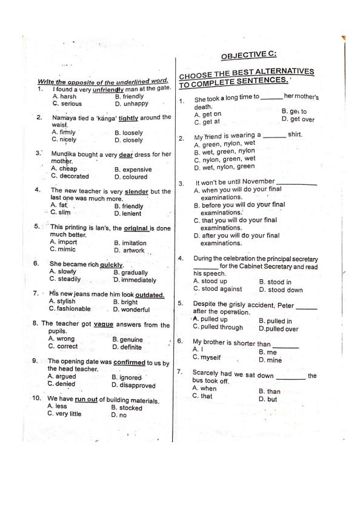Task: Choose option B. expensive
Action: point(133,170)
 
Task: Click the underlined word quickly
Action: point(112,265)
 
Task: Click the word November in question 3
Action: point(258,182)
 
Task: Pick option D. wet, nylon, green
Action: point(224,167)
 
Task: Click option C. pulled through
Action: point(218,327)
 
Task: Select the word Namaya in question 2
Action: point(64,118)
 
